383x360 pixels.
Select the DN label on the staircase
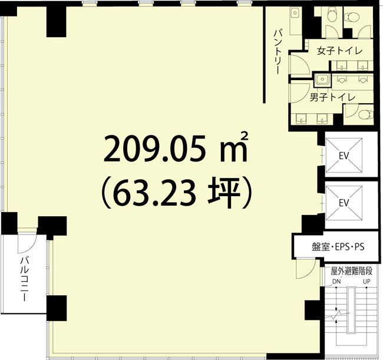(336, 282)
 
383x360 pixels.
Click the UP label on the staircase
(367, 282)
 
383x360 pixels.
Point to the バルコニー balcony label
(24, 280)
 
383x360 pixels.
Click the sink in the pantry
(295, 14)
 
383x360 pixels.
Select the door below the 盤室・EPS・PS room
(305, 268)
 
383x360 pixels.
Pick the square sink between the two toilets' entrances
(322, 78)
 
